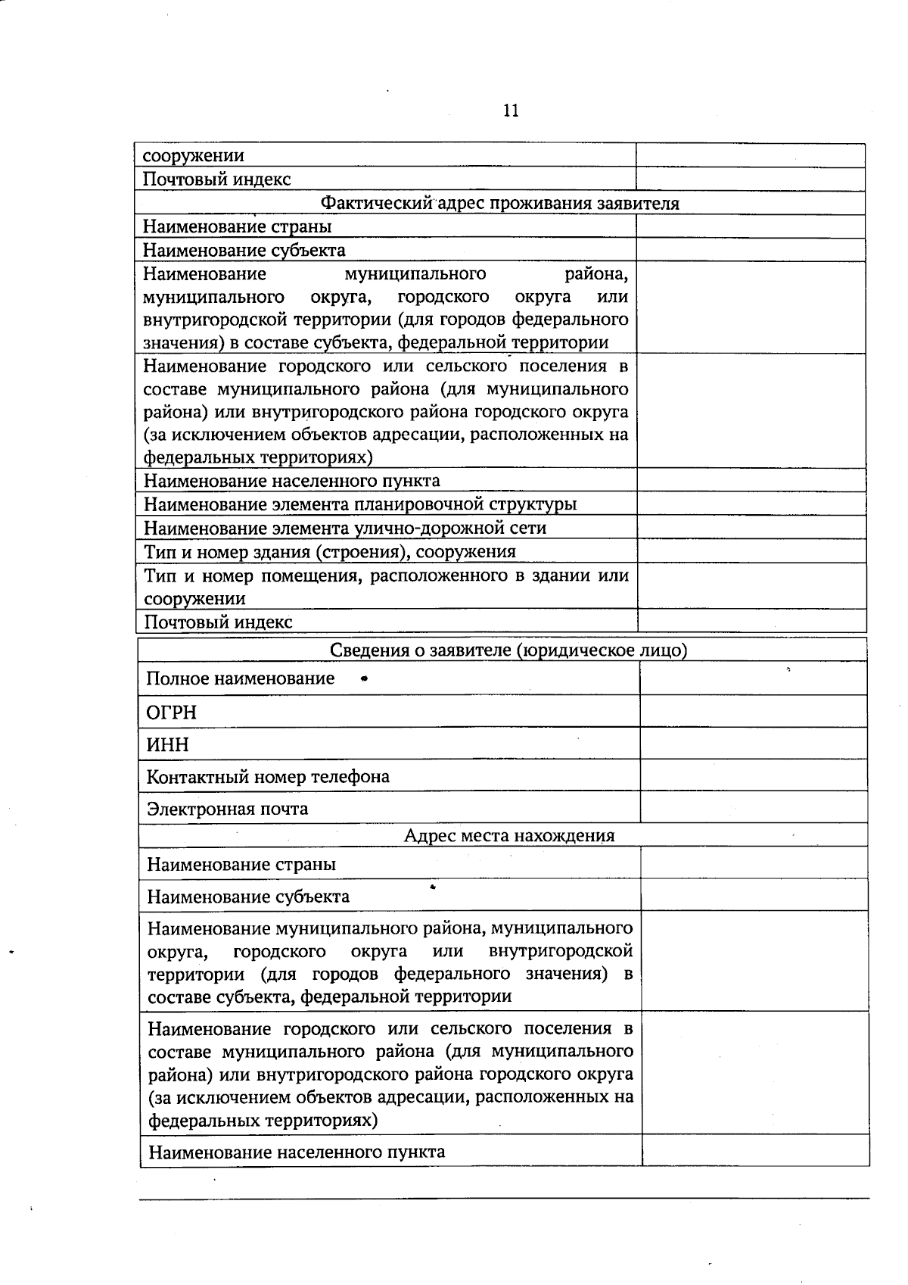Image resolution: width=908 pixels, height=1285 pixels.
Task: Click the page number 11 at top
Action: point(511,111)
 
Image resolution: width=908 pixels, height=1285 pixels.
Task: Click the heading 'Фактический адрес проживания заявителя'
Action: point(499,203)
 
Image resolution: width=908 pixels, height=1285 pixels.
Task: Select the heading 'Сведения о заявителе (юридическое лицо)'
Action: point(508,650)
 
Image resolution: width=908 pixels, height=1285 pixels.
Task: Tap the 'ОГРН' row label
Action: point(171,713)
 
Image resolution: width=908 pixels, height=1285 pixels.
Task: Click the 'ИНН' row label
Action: point(167,745)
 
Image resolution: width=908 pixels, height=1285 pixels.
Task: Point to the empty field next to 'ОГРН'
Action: point(753,712)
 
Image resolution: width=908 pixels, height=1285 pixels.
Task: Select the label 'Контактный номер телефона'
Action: point(268,777)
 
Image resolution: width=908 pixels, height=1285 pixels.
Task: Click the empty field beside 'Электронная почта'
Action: point(753,808)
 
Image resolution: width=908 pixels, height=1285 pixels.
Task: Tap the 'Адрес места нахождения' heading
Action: point(508,836)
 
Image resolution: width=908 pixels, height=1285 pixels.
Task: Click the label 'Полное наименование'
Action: point(241,678)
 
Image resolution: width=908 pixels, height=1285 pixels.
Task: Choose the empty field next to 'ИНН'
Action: point(753,744)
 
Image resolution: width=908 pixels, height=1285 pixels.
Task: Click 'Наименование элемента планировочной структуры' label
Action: point(360,504)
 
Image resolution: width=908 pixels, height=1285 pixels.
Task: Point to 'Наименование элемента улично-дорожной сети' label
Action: point(345,528)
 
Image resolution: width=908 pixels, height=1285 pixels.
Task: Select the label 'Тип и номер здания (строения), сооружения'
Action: point(330,552)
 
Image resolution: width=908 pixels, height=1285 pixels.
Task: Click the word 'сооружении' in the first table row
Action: point(194,156)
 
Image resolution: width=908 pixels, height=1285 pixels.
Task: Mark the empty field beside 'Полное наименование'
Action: point(753,678)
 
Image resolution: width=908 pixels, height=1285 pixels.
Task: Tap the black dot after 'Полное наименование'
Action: point(365,679)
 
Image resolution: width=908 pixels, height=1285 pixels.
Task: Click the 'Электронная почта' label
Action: point(227,809)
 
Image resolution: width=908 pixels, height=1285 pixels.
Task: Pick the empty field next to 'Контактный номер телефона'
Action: point(753,776)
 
